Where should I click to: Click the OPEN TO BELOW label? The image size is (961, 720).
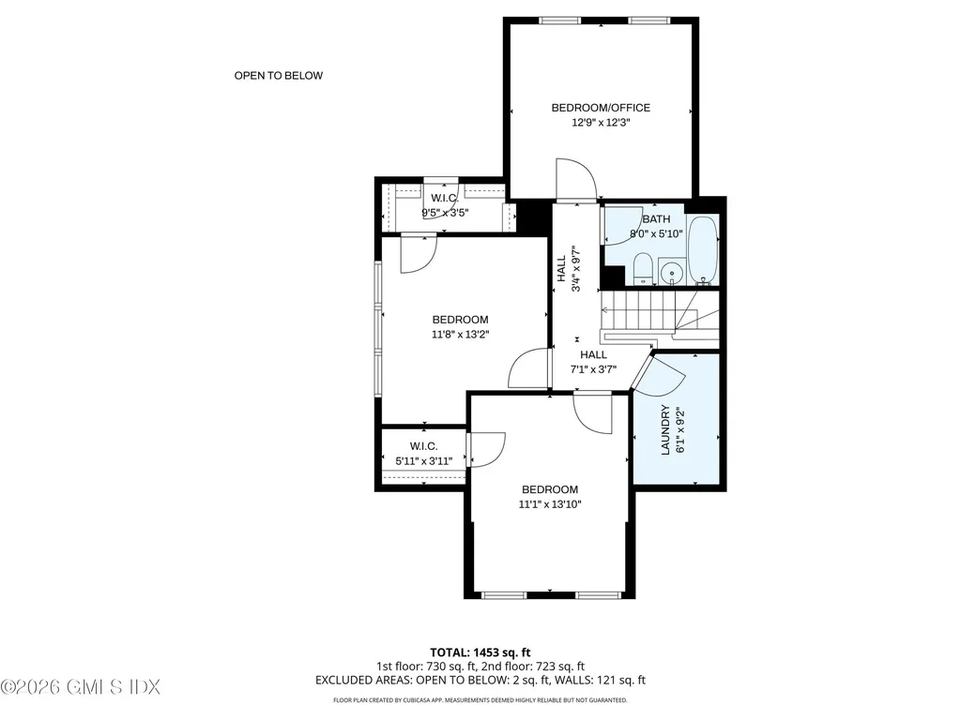pos(278,76)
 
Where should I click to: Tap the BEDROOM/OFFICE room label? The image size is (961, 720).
pos(600,108)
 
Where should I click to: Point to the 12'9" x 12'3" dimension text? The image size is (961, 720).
pos(600,123)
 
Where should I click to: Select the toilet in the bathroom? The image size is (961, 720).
pos(643,269)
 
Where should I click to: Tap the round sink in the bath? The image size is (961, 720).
pos(672,273)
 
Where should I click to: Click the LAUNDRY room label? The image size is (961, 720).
pos(665,429)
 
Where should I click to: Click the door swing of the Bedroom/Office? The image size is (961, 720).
pos(574,179)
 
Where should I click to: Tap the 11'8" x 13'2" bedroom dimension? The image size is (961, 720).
pos(460,334)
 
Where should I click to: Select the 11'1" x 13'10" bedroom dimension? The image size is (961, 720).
pos(550,504)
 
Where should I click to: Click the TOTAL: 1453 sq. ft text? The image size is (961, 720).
pos(480,652)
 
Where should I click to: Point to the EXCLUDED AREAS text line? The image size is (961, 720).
pos(480,681)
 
